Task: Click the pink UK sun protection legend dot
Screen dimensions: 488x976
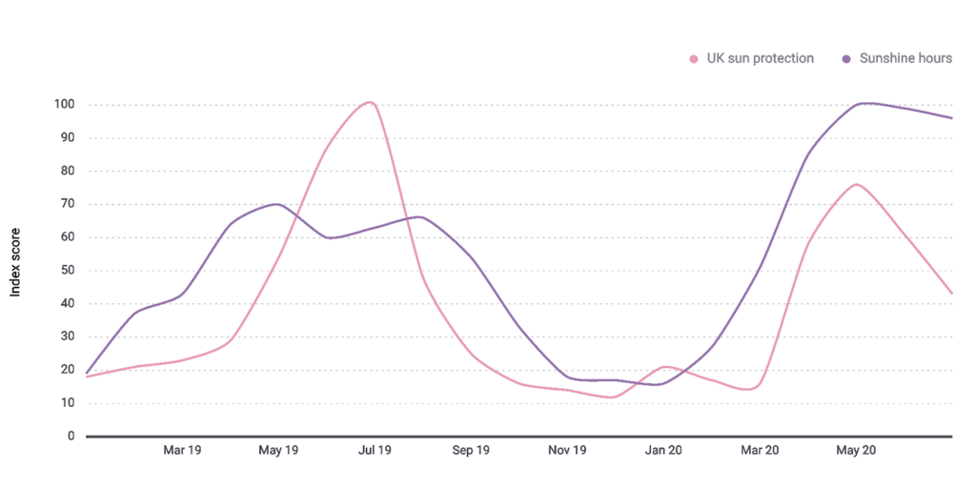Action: tap(694, 59)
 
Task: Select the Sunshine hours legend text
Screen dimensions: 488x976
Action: tap(905, 58)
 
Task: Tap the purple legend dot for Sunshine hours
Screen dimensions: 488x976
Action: tap(846, 59)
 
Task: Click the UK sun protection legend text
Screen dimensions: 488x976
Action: tap(760, 58)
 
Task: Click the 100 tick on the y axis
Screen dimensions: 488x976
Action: tap(65, 105)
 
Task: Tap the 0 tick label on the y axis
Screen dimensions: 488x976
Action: tap(71, 437)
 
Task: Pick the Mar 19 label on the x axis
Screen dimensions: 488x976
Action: tap(182, 450)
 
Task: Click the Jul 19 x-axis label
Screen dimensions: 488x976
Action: tap(375, 450)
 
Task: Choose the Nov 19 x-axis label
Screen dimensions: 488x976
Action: tap(567, 450)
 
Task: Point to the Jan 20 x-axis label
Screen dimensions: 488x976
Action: tap(663, 450)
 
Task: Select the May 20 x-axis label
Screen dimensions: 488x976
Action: tap(856, 450)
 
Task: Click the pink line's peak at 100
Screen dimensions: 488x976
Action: tap(370, 102)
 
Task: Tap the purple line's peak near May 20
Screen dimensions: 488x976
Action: tap(864, 103)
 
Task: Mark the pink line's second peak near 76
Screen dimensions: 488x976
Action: tap(857, 184)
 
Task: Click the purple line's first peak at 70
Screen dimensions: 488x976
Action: tap(276, 204)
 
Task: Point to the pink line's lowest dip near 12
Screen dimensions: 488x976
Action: tap(610, 396)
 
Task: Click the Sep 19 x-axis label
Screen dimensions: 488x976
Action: tap(471, 450)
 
